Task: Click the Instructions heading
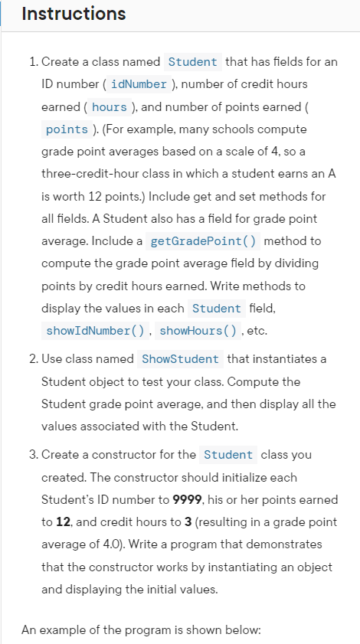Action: point(74,14)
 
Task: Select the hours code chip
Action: point(109,106)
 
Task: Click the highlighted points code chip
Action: point(67,129)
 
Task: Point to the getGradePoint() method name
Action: point(202,241)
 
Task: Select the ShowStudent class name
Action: point(180,358)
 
